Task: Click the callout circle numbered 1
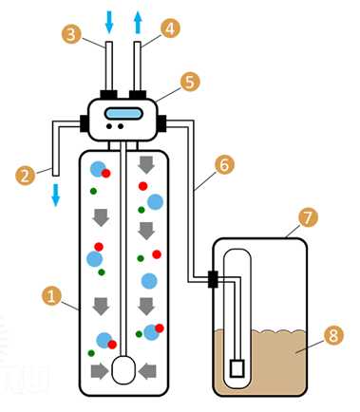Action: pyautogui.click(x=51, y=296)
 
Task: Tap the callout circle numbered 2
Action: pyautogui.click(x=25, y=176)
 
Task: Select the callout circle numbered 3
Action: pyautogui.click(x=71, y=34)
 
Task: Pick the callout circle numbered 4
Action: pyautogui.click(x=170, y=28)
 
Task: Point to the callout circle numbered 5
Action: pyautogui.click(x=190, y=82)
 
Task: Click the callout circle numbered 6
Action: pyautogui.click(x=224, y=164)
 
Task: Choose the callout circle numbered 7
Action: pyautogui.click(x=308, y=217)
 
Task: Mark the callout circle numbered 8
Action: pyautogui.click(x=333, y=335)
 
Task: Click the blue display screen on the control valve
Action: pyautogui.click(x=123, y=114)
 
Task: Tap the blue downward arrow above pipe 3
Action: pyautogui.click(x=109, y=22)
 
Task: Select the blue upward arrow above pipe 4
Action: pyautogui.click(x=138, y=23)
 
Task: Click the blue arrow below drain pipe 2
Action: pyautogui.click(x=56, y=195)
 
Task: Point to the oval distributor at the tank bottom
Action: pyautogui.click(x=123, y=370)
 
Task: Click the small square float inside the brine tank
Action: pyautogui.click(x=237, y=368)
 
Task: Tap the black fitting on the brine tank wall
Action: pyautogui.click(x=213, y=279)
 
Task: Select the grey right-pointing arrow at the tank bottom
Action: pyautogui.click(x=100, y=371)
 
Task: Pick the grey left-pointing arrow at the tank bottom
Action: pyautogui.click(x=147, y=371)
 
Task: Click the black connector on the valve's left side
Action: pyautogui.click(x=84, y=123)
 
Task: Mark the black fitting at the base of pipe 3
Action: pyautogui.click(x=108, y=95)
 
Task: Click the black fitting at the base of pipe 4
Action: pyautogui.click(x=138, y=95)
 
